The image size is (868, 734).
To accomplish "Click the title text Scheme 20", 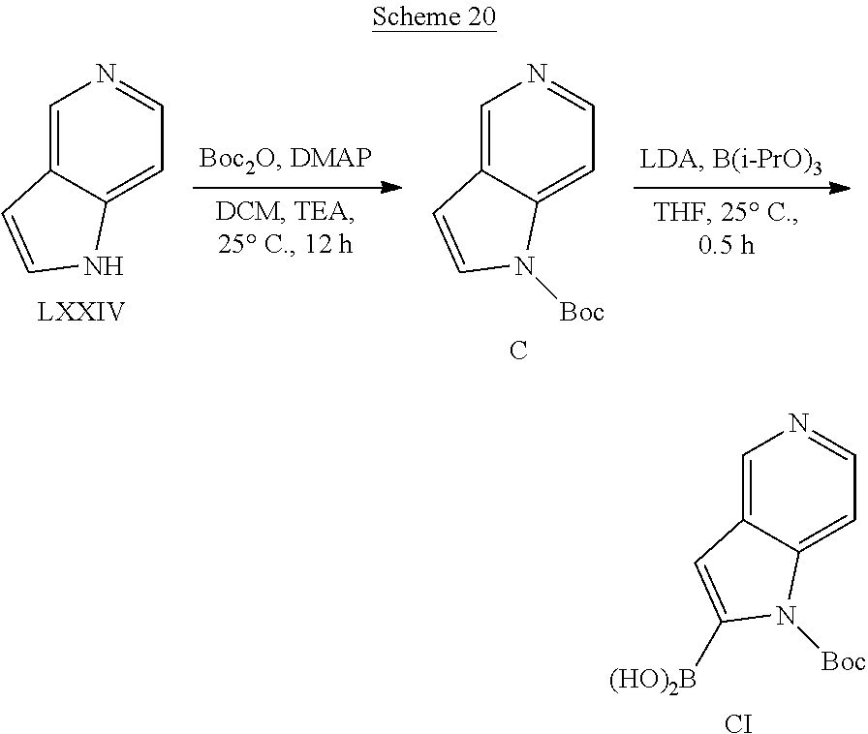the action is tap(434, 16).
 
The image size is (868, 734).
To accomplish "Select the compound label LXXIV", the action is tap(81, 313).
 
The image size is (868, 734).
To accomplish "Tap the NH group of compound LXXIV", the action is tap(104, 266).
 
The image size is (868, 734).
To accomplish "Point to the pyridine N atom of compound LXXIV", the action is tap(107, 74).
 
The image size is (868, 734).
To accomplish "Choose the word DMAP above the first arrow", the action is tap(330, 158).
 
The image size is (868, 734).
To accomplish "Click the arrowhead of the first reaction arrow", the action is tap(392, 188).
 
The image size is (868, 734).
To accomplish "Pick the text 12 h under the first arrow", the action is tap(328, 244).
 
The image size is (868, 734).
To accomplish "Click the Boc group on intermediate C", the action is tap(582, 312).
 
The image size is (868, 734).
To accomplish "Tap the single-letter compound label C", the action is tap(518, 350).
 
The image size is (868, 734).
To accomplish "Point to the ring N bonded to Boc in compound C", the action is tap(524, 266).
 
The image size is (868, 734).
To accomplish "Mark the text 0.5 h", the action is tap(727, 245).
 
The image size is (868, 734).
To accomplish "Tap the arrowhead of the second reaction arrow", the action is tap(840, 188).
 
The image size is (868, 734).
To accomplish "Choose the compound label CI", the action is tap(738, 723).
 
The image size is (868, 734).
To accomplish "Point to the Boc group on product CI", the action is tap(843, 661).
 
